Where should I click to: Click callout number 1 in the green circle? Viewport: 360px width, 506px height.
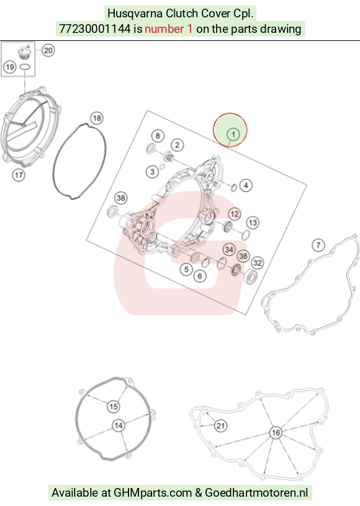pyautogui.click(x=233, y=134)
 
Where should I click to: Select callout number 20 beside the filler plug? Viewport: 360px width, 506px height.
pyautogui.click(x=48, y=50)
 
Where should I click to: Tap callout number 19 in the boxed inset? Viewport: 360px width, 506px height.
pyautogui.click(x=10, y=67)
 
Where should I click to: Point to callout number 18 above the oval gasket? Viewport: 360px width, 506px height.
pyautogui.click(x=97, y=118)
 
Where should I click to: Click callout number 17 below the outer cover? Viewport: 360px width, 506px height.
pyautogui.click(x=19, y=175)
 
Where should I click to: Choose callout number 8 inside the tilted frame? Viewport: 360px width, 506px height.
pyautogui.click(x=158, y=136)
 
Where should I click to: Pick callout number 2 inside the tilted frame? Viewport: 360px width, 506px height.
pyautogui.click(x=178, y=145)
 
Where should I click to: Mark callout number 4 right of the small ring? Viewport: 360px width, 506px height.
pyautogui.click(x=246, y=185)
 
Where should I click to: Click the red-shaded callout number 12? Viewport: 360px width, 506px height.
pyautogui.click(x=235, y=214)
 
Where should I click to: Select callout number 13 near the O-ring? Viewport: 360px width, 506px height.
pyautogui.click(x=253, y=223)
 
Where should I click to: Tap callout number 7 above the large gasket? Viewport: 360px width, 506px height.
pyautogui.click(x=318, y=246)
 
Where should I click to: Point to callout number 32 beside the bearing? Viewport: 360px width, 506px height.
pyautogui.click(x=258, y=263)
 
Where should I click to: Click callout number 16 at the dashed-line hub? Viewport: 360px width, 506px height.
pyautogui.click(x=276, y=433)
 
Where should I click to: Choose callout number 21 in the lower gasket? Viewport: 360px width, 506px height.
pyautogui.click(x=220, y=425)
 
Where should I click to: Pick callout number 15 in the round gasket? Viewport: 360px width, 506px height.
pyautogui.click(x=114, y=407)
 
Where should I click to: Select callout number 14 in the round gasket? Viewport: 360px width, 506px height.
pyautogui.click(x=119, y=425)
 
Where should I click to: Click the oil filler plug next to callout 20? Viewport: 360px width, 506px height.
pyautogui.click(x=24, y=52)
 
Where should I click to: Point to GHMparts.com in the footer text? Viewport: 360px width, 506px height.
pyautogui.click(x=153, y=493)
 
